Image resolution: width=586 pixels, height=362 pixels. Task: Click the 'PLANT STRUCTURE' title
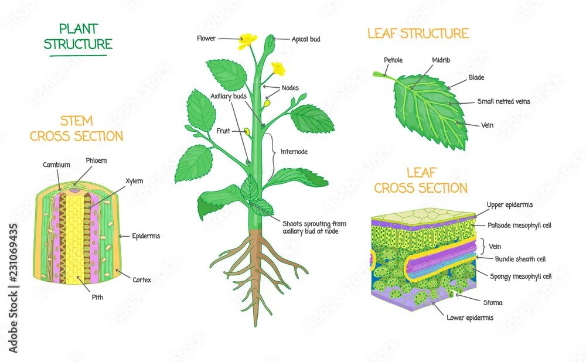(x=77, y=36)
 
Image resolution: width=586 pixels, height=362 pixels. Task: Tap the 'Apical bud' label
(x=306, y=39)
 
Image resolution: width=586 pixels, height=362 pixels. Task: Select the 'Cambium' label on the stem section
(x=56, y=165)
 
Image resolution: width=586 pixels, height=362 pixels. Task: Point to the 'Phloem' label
(x=96, y=160)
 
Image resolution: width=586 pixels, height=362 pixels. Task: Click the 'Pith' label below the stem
(x=97, y=297)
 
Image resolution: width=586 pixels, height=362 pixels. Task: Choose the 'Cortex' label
(x=142, y=280)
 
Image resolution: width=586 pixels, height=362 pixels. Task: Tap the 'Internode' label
(x=294, y=151)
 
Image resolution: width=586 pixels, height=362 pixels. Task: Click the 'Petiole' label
(x=393, y=60)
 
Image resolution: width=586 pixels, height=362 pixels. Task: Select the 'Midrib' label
(x=441, y=60)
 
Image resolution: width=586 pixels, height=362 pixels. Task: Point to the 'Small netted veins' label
(x=503, y=101)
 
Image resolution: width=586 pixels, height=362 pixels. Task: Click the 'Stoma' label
(x=493, y=303)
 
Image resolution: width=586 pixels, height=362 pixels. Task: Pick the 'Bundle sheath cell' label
(x=520, y=259)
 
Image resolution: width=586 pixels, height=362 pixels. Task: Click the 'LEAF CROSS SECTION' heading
(x=421, y=180)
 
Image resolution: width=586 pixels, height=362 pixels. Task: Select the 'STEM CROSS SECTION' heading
(x=76, y=129)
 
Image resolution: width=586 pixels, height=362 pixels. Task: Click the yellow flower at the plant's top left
(x=248, y=40)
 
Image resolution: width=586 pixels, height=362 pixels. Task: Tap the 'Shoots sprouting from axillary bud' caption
(x=314, y=227)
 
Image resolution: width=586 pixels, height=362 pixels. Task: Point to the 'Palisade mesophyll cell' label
(x=519, y=225)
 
